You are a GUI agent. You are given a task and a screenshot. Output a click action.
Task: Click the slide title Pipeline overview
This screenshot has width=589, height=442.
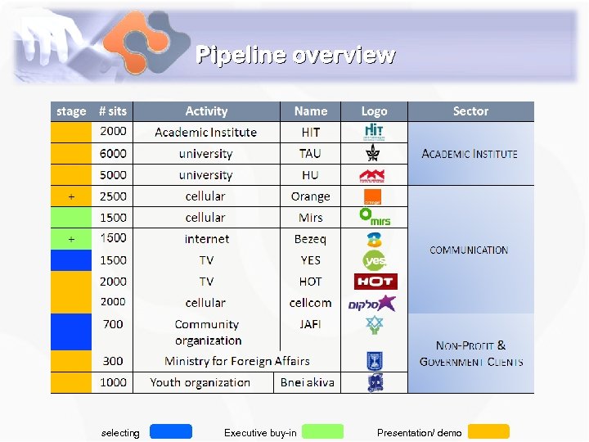[295, 55]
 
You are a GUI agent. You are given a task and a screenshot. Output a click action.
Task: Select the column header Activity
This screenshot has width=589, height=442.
[206, 111]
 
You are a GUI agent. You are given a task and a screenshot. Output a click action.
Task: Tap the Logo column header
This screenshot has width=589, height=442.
[375, 111]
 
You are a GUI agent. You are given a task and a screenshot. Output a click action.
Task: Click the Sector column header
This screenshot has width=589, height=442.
[470, 111]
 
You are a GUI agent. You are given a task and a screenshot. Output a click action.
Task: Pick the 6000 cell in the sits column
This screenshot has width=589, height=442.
[113, 153]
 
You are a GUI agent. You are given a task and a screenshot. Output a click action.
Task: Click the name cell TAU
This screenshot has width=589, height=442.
[310, 153]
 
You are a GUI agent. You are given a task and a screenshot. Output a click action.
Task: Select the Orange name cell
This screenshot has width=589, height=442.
[310, 196]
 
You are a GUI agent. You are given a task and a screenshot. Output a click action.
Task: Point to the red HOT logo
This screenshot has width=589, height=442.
[375, 281]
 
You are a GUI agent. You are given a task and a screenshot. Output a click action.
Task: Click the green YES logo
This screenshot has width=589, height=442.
[375, 260]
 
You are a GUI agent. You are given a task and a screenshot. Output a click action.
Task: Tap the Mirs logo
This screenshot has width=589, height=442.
[375, 217]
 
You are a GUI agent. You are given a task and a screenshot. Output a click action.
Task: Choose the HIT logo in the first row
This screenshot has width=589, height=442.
[375, 132]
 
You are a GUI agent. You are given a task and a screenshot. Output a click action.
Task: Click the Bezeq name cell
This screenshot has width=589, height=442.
[310, 239]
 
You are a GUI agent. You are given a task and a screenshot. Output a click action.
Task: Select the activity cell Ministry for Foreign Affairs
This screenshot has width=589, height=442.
[237, 361]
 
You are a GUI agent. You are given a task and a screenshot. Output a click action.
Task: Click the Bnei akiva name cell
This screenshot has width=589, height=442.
[308, 382]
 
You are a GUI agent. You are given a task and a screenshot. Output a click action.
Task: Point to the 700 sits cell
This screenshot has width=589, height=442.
[113, 324]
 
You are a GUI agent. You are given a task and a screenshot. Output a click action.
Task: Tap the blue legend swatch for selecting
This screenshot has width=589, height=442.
[171, 431]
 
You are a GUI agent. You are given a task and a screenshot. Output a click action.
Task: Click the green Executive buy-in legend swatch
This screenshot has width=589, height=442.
[322, 431]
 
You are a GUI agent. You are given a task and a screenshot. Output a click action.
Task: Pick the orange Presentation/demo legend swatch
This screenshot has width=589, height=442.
[488, 431]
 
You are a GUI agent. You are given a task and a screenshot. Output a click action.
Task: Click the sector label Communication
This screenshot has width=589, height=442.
[469, 250]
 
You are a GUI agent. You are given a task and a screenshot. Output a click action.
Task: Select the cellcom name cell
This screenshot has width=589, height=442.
[310, 303]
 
